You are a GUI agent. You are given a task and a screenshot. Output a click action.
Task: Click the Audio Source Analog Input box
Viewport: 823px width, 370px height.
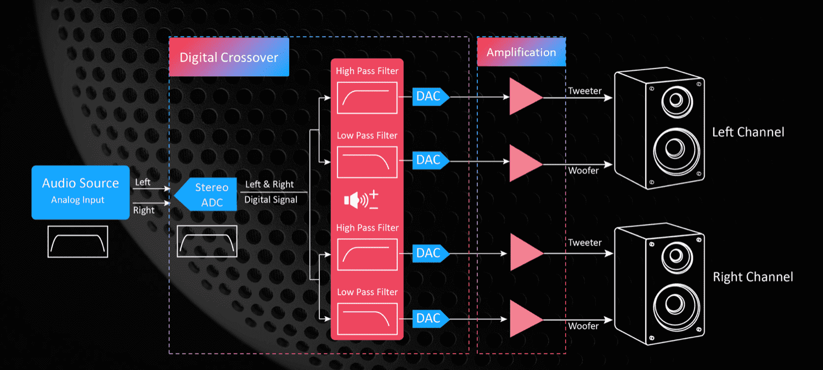tap(81, 192)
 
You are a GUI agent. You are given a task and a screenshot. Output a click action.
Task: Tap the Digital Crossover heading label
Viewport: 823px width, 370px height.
tap(229, 57)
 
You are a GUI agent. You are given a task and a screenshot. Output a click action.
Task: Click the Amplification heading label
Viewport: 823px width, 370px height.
tap(521, 52)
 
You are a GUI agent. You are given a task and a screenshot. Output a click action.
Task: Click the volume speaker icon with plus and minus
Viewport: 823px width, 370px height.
tap(361, 200)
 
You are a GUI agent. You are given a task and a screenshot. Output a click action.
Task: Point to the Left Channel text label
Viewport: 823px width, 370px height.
tap(748, 132)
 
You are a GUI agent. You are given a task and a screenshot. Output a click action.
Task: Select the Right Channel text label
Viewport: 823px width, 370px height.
tap(753, 277)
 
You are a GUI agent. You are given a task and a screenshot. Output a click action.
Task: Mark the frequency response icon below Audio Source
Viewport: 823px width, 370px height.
tap(78, 242)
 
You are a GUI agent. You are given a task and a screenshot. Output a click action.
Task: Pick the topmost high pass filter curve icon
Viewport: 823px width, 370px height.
tap(367, 97)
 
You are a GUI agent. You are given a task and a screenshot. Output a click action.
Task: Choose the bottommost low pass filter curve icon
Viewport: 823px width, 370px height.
tap(367, 319)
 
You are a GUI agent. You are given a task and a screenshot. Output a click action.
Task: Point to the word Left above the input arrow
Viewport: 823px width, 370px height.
tap(143, 182)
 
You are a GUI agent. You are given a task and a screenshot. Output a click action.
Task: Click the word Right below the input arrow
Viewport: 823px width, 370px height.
tap(144, 210)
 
